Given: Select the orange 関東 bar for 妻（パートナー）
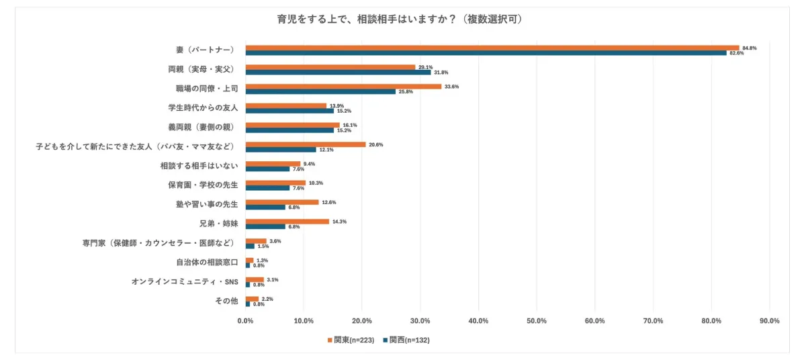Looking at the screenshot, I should [x=492, y=48].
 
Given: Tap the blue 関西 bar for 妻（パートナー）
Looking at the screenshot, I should [x=486, y=53].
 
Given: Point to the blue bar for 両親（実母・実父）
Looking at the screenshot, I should [x=338, y=72].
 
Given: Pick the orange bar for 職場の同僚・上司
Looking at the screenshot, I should [x=343, y=87].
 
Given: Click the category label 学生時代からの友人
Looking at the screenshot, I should [x=203, y=107].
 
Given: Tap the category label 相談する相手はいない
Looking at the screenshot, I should [x=199, y=166].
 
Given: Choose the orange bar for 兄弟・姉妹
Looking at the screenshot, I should [x=287, y=222].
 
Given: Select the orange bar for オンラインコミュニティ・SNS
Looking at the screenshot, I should [x=255, y=279].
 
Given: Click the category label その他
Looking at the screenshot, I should [x=226, y=301].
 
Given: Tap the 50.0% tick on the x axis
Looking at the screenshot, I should [x=537, y=321].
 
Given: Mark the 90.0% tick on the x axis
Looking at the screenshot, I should [x=769, y=321].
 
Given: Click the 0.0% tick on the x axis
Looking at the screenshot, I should [x=246, y=321].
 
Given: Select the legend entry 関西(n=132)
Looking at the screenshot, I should [x=406, y=340].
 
